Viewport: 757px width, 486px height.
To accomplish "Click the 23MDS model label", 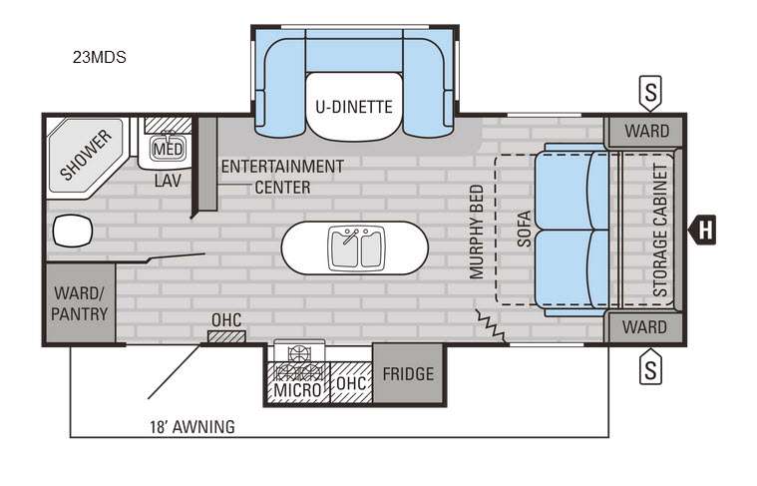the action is coord(100,57).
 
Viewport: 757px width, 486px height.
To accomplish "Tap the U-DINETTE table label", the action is coord(354,107).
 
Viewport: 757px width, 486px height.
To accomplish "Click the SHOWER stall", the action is coord(86,155).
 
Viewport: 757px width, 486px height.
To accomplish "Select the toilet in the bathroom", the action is coord(73,231).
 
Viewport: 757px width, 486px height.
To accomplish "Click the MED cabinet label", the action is coord(168,149).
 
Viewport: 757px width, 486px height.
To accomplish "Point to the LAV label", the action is coord(168,182).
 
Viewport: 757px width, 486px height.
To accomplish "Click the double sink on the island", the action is coord(356,247).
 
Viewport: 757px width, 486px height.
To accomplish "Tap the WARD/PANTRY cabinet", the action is coord(80,303).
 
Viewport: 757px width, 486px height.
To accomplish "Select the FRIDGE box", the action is coord(408,373).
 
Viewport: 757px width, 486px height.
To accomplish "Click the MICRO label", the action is coord(297,389).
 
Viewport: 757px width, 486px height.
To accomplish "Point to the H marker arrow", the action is coord(701,230).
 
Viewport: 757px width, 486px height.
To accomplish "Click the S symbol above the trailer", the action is coord(650,92).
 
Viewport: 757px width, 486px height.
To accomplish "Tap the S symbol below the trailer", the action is coord(650,369).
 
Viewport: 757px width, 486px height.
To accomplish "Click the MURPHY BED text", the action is coord(477,232).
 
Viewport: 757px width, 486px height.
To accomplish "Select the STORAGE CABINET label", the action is coord(660,230).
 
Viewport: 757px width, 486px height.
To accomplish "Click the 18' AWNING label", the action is coord(192,427).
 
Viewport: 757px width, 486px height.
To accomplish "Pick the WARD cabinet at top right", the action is coord(646,131).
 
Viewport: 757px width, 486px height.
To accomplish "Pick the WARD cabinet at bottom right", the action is coord(645,327).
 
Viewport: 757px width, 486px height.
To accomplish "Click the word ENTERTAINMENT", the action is coord(282,167).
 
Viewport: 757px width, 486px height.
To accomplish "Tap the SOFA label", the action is coord(525,229).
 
